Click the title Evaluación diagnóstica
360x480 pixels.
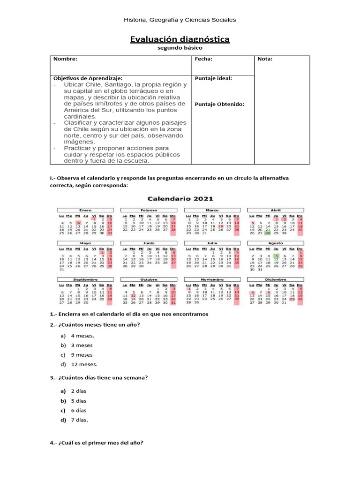point(180,39)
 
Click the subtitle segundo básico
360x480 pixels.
point(180,48)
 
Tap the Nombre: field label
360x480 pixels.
point(65,59)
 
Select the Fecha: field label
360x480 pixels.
point(203,59)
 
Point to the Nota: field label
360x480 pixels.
point(265,59)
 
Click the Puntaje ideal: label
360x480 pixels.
point(213,78)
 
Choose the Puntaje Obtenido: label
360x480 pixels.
point(219,104)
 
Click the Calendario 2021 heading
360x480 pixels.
point(180,198)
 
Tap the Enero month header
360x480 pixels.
point(85,210)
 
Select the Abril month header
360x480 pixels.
point(275,210)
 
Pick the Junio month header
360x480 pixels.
point(149,244)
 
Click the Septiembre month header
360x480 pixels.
point(85,279)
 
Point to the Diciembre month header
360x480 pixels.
point(275,279)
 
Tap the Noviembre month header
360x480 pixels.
point(212,279)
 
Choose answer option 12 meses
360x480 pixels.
point(84,364)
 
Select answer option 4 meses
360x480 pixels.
point(82,336)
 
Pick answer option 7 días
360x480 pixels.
point(80,420)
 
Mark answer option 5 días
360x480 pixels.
point(79,401)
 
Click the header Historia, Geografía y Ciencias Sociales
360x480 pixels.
point(180,20)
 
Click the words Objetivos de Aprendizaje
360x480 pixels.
point(88,78)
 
